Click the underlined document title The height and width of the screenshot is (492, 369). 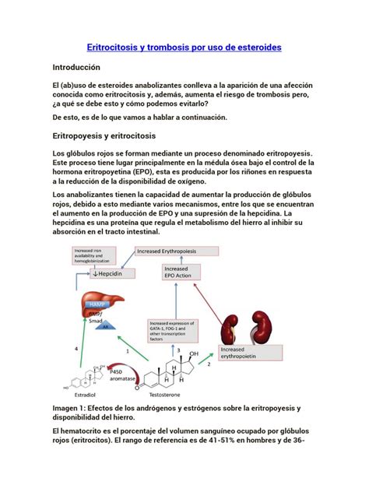183,48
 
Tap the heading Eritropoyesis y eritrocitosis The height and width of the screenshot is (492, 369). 104,136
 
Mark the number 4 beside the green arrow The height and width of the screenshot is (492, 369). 76,350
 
